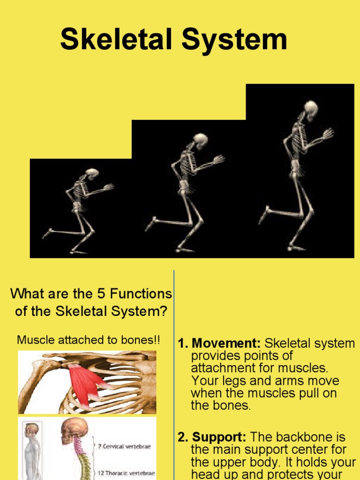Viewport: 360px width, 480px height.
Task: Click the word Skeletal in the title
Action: coord(117,39)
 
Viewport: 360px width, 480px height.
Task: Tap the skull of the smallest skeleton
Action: coord(92,173)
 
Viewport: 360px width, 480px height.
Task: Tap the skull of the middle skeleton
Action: coord(201,140)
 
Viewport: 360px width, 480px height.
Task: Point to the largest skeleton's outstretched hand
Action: coord(328,134)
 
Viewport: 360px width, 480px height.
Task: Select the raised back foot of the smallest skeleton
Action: coord(47,233)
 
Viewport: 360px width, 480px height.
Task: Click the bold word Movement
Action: coord(225,344)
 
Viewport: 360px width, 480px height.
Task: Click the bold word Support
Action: coord(220,437)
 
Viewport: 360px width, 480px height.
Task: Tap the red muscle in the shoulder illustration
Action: coord(86,382)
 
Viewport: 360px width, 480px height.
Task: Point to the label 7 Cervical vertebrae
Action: coord(124,446)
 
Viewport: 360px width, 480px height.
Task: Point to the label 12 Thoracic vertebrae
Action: coord(126,473)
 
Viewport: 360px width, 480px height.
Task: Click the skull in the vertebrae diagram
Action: coord(75,429)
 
